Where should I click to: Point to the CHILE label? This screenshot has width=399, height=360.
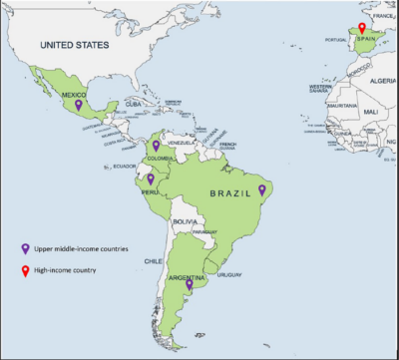153,261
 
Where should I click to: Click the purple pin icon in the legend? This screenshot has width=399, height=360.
26,247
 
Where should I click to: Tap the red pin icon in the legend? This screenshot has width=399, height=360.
26,269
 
